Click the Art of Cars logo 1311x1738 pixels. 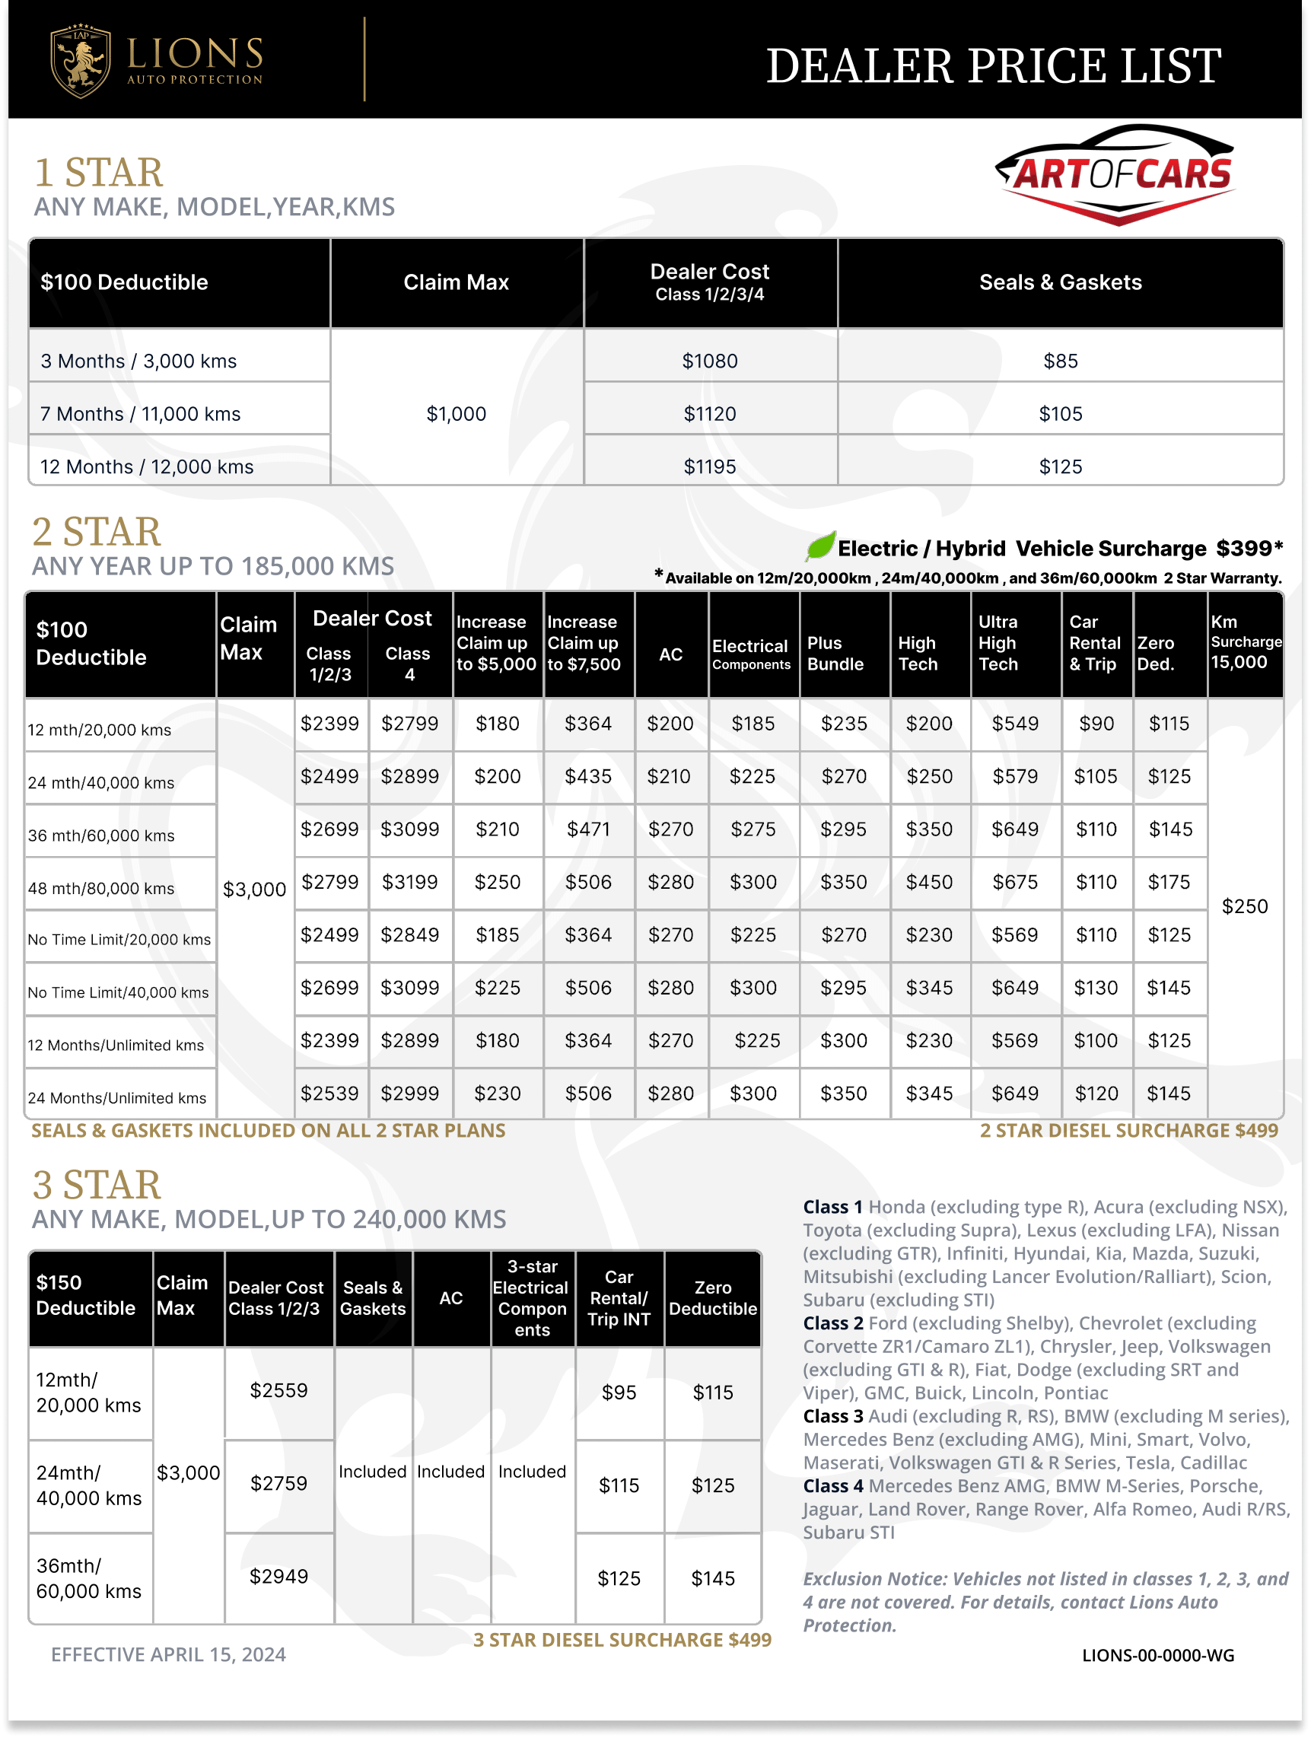1116,174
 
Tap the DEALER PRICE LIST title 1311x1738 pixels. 993,65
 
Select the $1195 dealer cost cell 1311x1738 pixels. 709,466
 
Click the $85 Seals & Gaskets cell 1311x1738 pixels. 1060,361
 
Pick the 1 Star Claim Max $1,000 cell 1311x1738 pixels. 456,413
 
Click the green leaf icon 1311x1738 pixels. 820,546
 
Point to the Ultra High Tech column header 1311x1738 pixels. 998,643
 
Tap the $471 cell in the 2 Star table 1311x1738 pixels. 587,829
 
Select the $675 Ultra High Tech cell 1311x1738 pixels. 1015,882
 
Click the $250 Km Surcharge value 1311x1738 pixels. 1244,906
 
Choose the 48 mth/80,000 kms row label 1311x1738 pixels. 101,888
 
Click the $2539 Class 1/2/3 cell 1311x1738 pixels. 330,1093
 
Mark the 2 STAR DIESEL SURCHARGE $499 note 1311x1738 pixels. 1128,1130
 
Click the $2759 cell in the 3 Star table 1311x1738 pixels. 278,1482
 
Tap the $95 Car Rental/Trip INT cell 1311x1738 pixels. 618,1393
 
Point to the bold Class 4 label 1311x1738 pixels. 832,1486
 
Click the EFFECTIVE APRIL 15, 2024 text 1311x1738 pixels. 168,1654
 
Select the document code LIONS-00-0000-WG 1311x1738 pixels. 1157,1655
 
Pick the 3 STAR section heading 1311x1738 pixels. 97,1184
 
